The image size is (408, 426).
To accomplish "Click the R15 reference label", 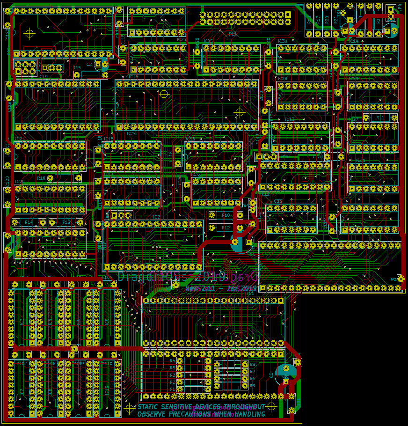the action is pyautogui.click(x=77, y=68).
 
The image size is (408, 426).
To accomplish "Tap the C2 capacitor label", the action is pyautogui.click(x=89, y=64).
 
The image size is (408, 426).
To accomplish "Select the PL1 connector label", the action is pyautogui.click(x=233, y=34).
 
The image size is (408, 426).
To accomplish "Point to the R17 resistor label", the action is pyautogui.click(x=318, y=20).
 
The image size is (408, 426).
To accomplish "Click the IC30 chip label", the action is pyautogui.click(x=283, y=41).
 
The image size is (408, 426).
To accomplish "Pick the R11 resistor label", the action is pyautogui.click(x=380, y=118).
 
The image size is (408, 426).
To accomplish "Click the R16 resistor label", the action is pyautogui.click(x=41, y=178).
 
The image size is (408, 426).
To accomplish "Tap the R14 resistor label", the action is pyautogui.click(x=29, y=222).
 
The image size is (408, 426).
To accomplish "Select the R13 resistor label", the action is pyautogui.click(x=66, y=222).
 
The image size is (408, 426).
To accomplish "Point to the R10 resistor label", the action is pyautogui.click(x=226, y=215).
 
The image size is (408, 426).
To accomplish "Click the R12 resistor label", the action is pyautogui.click(x=226, y=228).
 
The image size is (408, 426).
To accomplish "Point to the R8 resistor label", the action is pyautogui.click(x=252, y=364).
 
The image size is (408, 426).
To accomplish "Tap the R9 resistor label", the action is pyautogui.click(x=252, y=385).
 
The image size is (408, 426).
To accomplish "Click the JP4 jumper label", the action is pyautogui.click(x=400, y=8).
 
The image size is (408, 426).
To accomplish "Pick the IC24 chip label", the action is pyautogui.click(x=131, y=134).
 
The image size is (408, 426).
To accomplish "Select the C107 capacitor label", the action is pyautogui.click(x=22, y=363).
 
